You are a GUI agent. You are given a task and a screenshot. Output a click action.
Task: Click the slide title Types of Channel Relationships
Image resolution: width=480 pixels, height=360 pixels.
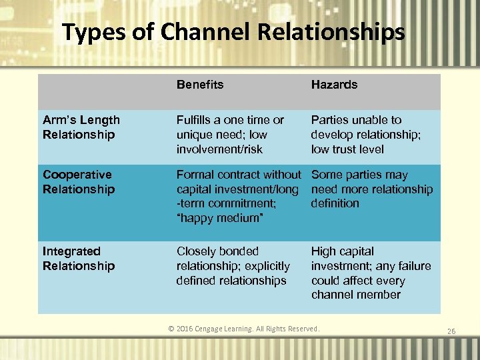click(x=233, y=32)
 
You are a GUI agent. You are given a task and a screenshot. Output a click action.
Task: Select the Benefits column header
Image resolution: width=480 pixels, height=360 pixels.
click(x=200, y=85)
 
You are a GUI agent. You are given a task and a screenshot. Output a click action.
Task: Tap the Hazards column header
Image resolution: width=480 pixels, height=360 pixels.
click(x=334, y=85)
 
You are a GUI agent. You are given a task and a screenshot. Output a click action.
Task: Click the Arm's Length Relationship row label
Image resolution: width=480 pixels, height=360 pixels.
click(x=81, y=127)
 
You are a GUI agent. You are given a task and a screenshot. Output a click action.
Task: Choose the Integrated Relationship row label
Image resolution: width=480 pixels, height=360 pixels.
click(x=79, y=259)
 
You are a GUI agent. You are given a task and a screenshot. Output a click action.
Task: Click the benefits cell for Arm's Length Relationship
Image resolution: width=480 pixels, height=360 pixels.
click(x=230, y=135)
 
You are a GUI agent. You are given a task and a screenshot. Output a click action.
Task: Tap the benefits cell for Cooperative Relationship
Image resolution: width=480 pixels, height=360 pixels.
click(x=238, y=196)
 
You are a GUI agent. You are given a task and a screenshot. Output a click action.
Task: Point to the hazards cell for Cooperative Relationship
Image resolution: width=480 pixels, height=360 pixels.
click(x=371, y=189)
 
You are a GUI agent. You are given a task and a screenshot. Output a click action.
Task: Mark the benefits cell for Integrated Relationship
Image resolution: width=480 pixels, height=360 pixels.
click(x=233, y=266)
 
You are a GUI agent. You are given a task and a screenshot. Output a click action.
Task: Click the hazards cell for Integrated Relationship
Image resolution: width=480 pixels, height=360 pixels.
click(x=371, y=273)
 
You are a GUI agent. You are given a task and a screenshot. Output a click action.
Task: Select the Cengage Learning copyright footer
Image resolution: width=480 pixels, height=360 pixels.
click(x=243, y=329)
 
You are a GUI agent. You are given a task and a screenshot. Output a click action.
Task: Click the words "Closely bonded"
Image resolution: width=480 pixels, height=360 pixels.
click(x=217, y=251)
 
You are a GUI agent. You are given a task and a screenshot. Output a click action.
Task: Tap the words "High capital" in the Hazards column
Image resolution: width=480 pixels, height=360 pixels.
click(x=342, y=251)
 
